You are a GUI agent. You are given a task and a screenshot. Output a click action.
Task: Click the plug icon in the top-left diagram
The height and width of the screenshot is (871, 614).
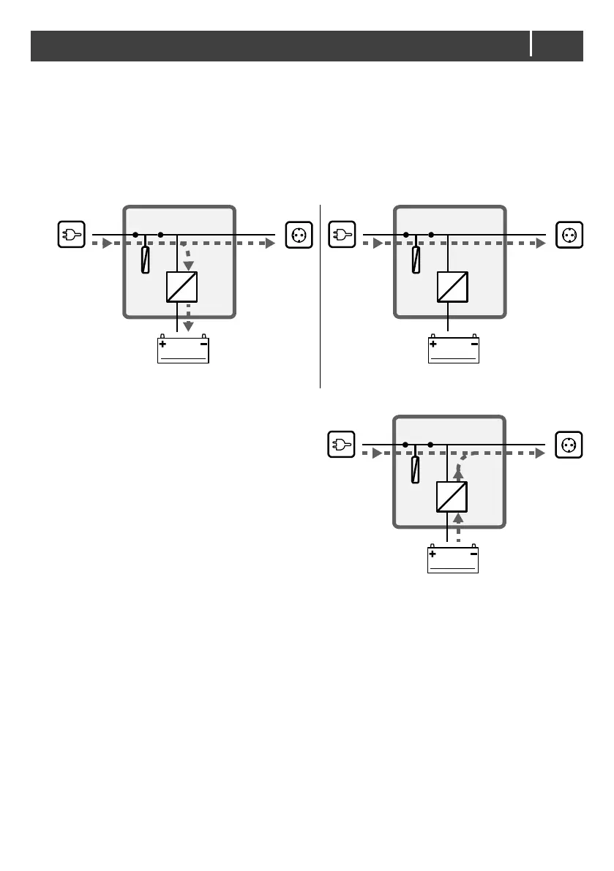pyautogui.click(x=72, y=235)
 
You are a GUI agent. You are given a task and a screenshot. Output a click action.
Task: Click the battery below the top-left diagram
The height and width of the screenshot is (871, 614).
pyautogui.click(x=183, y=350)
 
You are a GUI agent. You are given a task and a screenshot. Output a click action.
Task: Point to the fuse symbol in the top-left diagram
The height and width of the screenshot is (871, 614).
pyautogui.click(x=146, y=260)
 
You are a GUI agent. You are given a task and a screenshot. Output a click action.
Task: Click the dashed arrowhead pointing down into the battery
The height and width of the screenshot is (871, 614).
pyautogui.click(x=188, y=326)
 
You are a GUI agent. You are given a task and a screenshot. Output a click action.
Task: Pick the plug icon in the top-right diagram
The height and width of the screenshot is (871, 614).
pyautogui.click(x=342, y=235)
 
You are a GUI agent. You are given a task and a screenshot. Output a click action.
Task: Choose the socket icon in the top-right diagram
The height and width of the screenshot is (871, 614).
pyautogui.click(x=570, y=235)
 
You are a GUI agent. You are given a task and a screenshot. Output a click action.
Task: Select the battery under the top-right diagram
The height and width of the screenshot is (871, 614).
pyautogui.click(x=454, y=350)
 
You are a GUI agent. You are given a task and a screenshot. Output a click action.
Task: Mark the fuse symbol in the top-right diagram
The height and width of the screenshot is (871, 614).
pyautogui.click(x=416, y=260)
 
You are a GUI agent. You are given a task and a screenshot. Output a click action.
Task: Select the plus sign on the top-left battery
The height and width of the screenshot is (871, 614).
pyautogui.click(x=162, y=343)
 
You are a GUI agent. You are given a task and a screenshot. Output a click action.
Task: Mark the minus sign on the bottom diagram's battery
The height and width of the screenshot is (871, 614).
pyautogui.click(x=473, y=554)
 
